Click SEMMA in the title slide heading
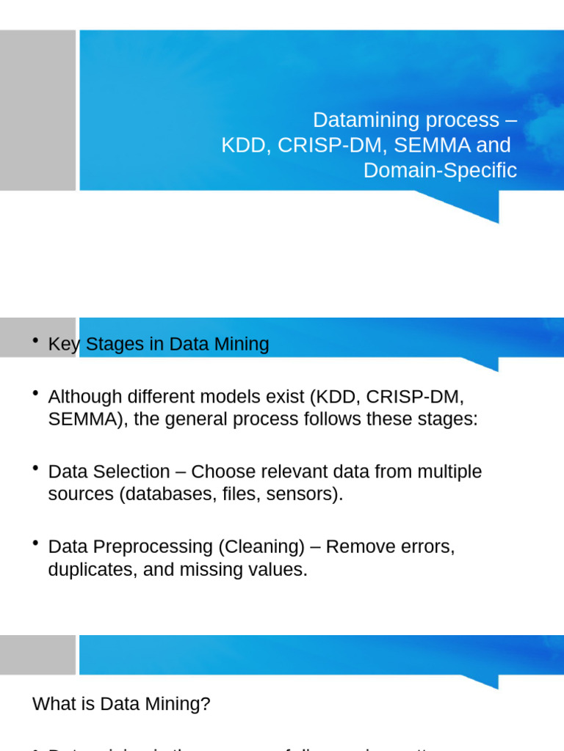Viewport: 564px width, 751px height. coord(433,145)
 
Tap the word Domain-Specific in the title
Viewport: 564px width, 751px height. coord(440,170)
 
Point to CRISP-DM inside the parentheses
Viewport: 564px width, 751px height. coord(415,397)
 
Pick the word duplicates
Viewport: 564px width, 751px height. coord(90,569)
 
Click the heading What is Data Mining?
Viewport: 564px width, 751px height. coord(121,704)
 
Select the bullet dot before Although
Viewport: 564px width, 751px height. coord(36,395)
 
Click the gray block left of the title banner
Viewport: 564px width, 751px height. coord(37,111)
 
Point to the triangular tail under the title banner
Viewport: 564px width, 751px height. coord(470,206)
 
